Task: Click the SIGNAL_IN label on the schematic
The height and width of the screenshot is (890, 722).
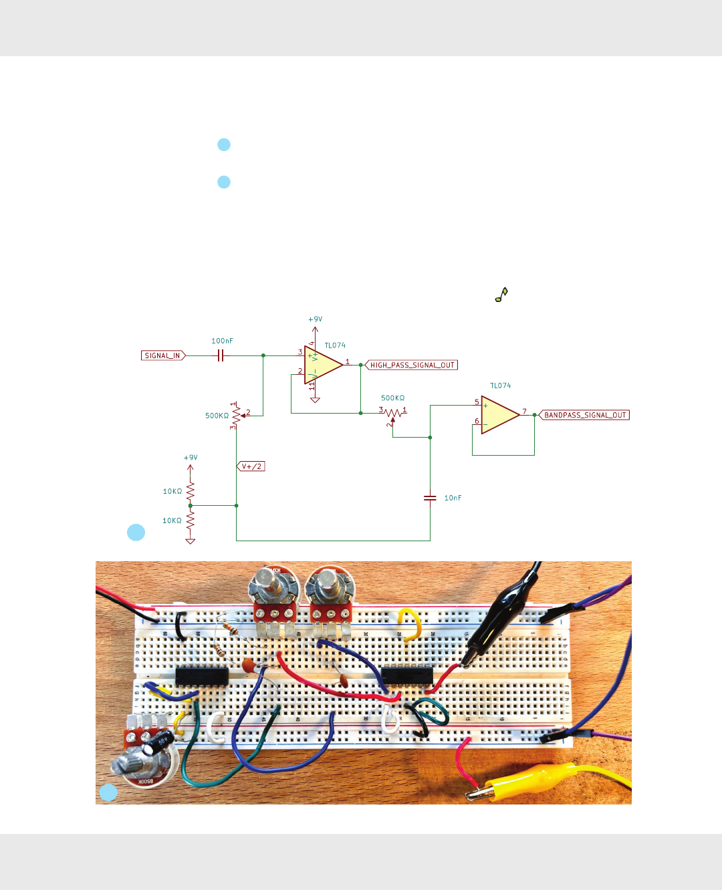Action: (x=162, y=355)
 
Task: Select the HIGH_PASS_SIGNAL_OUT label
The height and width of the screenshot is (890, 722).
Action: (x=412, y=365)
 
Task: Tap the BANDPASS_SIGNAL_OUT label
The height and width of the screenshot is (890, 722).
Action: (x=585, y=415)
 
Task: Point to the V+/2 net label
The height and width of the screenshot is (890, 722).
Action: (x=251, y=466)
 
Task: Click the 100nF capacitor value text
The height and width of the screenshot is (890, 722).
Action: (x=223, y=341)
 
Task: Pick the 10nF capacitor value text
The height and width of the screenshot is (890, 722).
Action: (x=453, y=498)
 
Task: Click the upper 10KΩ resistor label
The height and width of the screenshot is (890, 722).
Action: (x=172, y=491)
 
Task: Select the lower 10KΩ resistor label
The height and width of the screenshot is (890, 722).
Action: (x=172, y=521)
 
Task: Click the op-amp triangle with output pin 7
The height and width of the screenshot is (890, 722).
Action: (x=499, y=415)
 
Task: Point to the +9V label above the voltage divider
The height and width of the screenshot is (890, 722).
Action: (x=191, y=458)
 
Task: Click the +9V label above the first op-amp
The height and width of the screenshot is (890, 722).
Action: (x=315, y=319)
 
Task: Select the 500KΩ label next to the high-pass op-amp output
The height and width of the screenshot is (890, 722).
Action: (x=392, y=398)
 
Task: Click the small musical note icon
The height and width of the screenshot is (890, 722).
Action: (x=501, y=295)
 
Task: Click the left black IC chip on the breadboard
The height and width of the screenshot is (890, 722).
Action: (x=201, y=676)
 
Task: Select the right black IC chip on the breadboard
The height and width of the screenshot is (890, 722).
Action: (x=407, y=676)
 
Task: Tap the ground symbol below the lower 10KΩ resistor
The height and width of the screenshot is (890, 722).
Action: (x=191, y=541)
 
